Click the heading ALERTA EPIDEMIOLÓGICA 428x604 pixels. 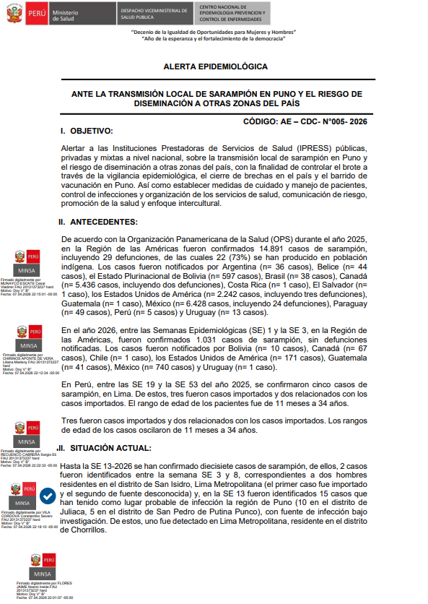216,66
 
